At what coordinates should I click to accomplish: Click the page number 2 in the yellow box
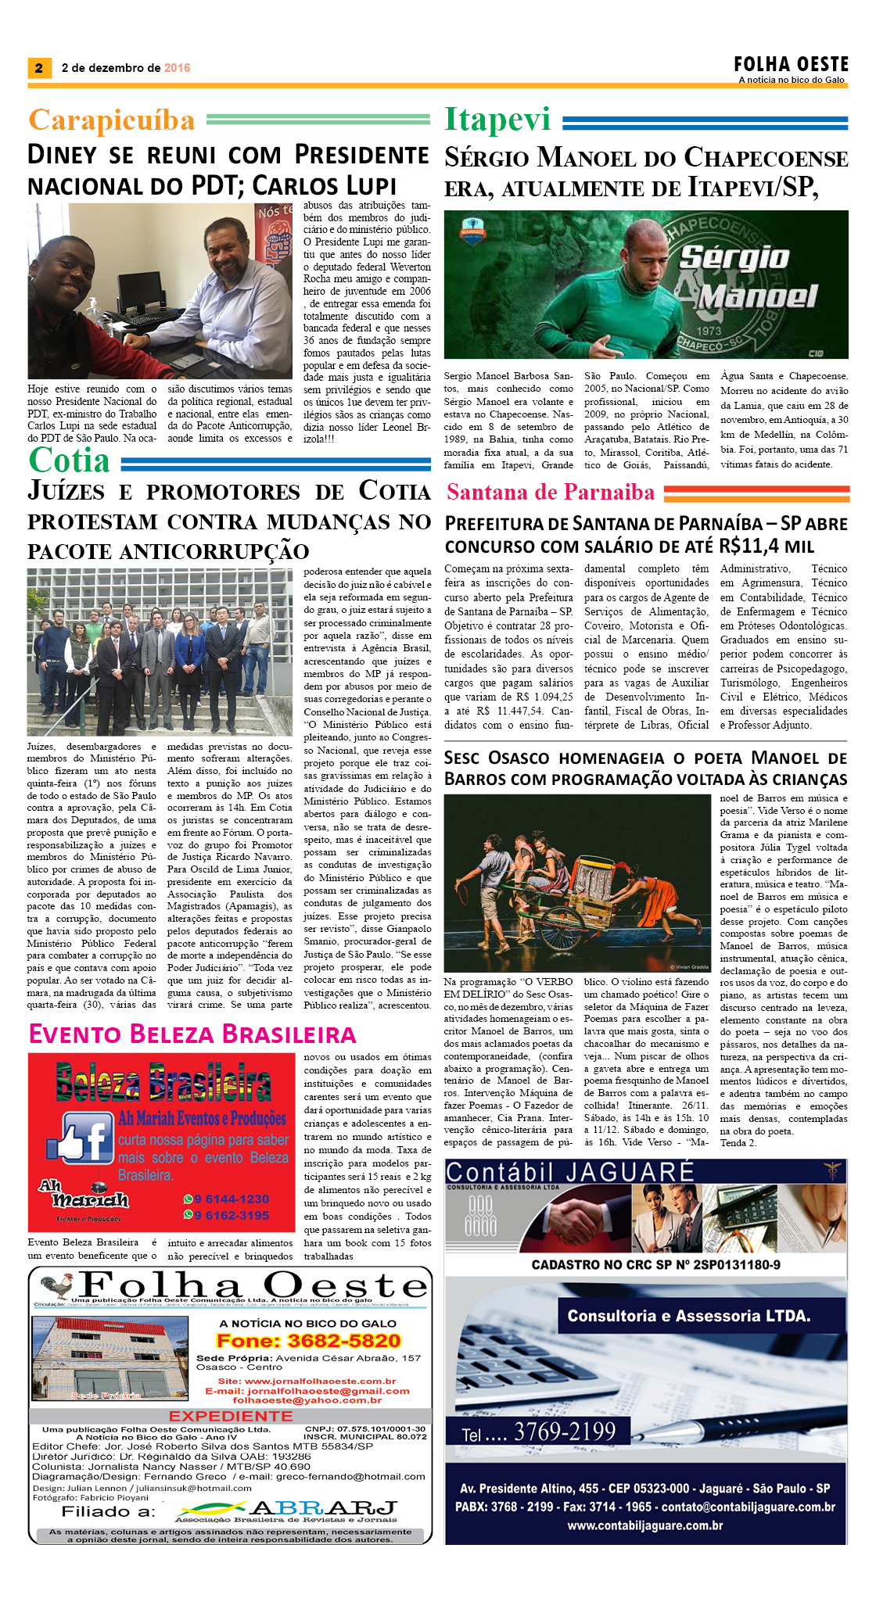point(38,68)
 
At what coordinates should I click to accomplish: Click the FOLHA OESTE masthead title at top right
point(791,64)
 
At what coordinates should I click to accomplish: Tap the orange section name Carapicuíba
point(112,120)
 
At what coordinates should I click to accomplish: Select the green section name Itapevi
point(498,120)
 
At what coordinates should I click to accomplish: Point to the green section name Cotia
point(69,461)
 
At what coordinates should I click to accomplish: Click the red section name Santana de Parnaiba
point(551,492)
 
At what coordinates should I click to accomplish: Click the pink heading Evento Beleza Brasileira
point(192,1034)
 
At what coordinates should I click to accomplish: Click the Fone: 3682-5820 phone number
point(308,1341)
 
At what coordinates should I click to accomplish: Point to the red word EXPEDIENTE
point(231,1416)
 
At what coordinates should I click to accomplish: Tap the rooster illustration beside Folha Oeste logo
point(56,1286)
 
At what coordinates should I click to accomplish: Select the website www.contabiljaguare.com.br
point(645,1525)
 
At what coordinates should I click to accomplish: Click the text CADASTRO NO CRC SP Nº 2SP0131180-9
point(655,1264)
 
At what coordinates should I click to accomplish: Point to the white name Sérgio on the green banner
point(734,257)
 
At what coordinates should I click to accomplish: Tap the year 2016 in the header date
point(178,68)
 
